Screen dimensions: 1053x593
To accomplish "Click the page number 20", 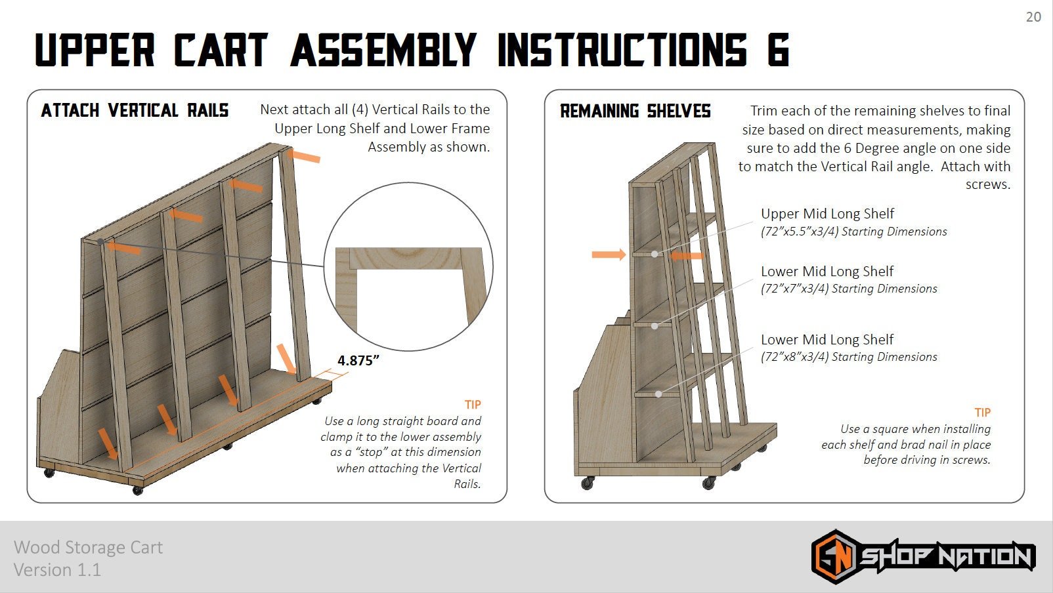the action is click(x=1033, y=17).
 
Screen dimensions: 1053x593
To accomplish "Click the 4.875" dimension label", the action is click(x=358, y=360).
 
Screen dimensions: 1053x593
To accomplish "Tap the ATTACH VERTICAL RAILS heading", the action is click(x=135, y=110).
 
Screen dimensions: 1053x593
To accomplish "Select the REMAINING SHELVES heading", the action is click(x=635, y=111).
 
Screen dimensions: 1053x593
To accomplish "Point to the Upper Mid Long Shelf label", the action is click(x=827, y=214).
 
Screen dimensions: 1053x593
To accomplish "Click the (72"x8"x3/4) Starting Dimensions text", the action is click(x=849, y=357).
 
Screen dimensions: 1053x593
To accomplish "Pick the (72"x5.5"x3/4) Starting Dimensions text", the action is click(x=853, y=231).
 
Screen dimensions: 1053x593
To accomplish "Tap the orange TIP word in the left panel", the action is click(x=473, y=405).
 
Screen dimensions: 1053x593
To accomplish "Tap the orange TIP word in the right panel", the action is click(x=983, y=412).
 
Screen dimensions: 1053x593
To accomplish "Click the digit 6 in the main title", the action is click(x=779, y=49).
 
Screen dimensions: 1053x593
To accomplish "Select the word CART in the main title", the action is click(x=221, y=49).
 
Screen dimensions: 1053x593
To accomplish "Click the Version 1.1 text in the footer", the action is click(x=57, y=570).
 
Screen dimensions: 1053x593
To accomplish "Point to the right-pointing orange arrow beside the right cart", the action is click(x=609, y=255).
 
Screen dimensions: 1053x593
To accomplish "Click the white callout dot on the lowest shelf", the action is click(x=658, y=394).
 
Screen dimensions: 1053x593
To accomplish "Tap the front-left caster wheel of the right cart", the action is click(x=587, y=483).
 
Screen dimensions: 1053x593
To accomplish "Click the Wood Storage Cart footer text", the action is click(x=88, y=548).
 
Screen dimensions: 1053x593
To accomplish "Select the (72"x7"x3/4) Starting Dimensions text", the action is click(x=849, y=289).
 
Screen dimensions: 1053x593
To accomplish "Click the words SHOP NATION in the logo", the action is click(x=947, y=557).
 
